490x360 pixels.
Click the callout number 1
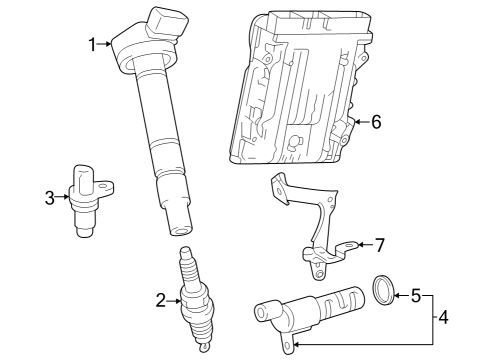pos(92,44)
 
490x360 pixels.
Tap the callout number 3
pos(49,197)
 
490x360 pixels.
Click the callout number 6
pos(376,123)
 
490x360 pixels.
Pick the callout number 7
pos(379,244)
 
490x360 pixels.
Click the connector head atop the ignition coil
pos(160,24)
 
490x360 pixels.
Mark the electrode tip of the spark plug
pos(203,349)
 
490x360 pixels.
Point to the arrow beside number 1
pos(106,44)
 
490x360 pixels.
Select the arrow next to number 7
pos(363,244)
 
